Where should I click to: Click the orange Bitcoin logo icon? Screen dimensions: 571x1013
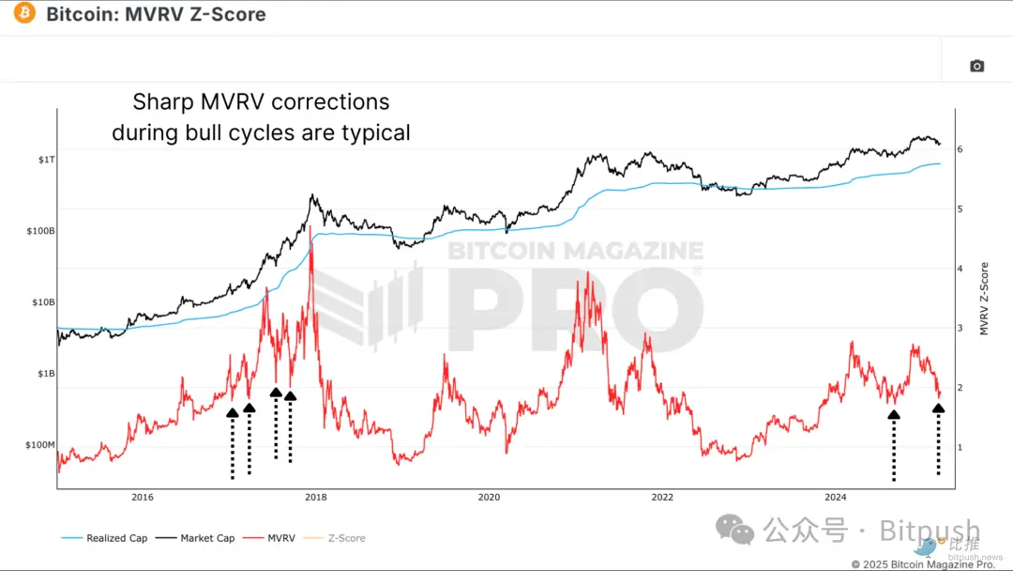click(24, 14)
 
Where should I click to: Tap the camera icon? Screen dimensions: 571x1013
click(976, 66)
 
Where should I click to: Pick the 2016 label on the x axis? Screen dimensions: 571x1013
click(143, 498)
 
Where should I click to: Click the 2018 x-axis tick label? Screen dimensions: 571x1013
click(316, 498)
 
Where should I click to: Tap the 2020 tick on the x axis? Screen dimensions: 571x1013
click(489, 498)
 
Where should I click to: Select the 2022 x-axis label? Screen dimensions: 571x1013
click(662, 498)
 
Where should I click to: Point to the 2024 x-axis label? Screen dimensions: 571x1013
click(836, 498)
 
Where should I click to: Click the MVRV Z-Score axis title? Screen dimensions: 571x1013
click(984, 299)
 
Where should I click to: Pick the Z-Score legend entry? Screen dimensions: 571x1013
click(346, 538)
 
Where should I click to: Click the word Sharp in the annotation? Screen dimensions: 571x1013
click(161, 101)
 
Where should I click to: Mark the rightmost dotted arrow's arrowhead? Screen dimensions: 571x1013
click(938, 408)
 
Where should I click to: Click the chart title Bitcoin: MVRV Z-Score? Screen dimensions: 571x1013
click(156, 14)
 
